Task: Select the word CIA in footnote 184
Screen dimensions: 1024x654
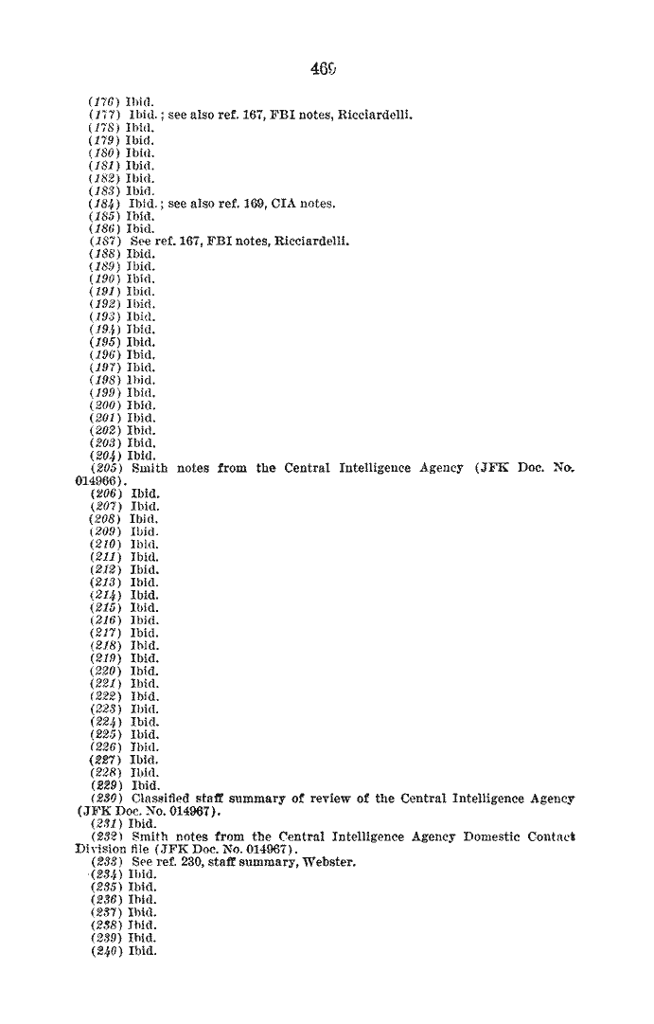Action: (283, 204)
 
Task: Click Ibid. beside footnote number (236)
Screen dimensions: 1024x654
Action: (144, 900)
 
